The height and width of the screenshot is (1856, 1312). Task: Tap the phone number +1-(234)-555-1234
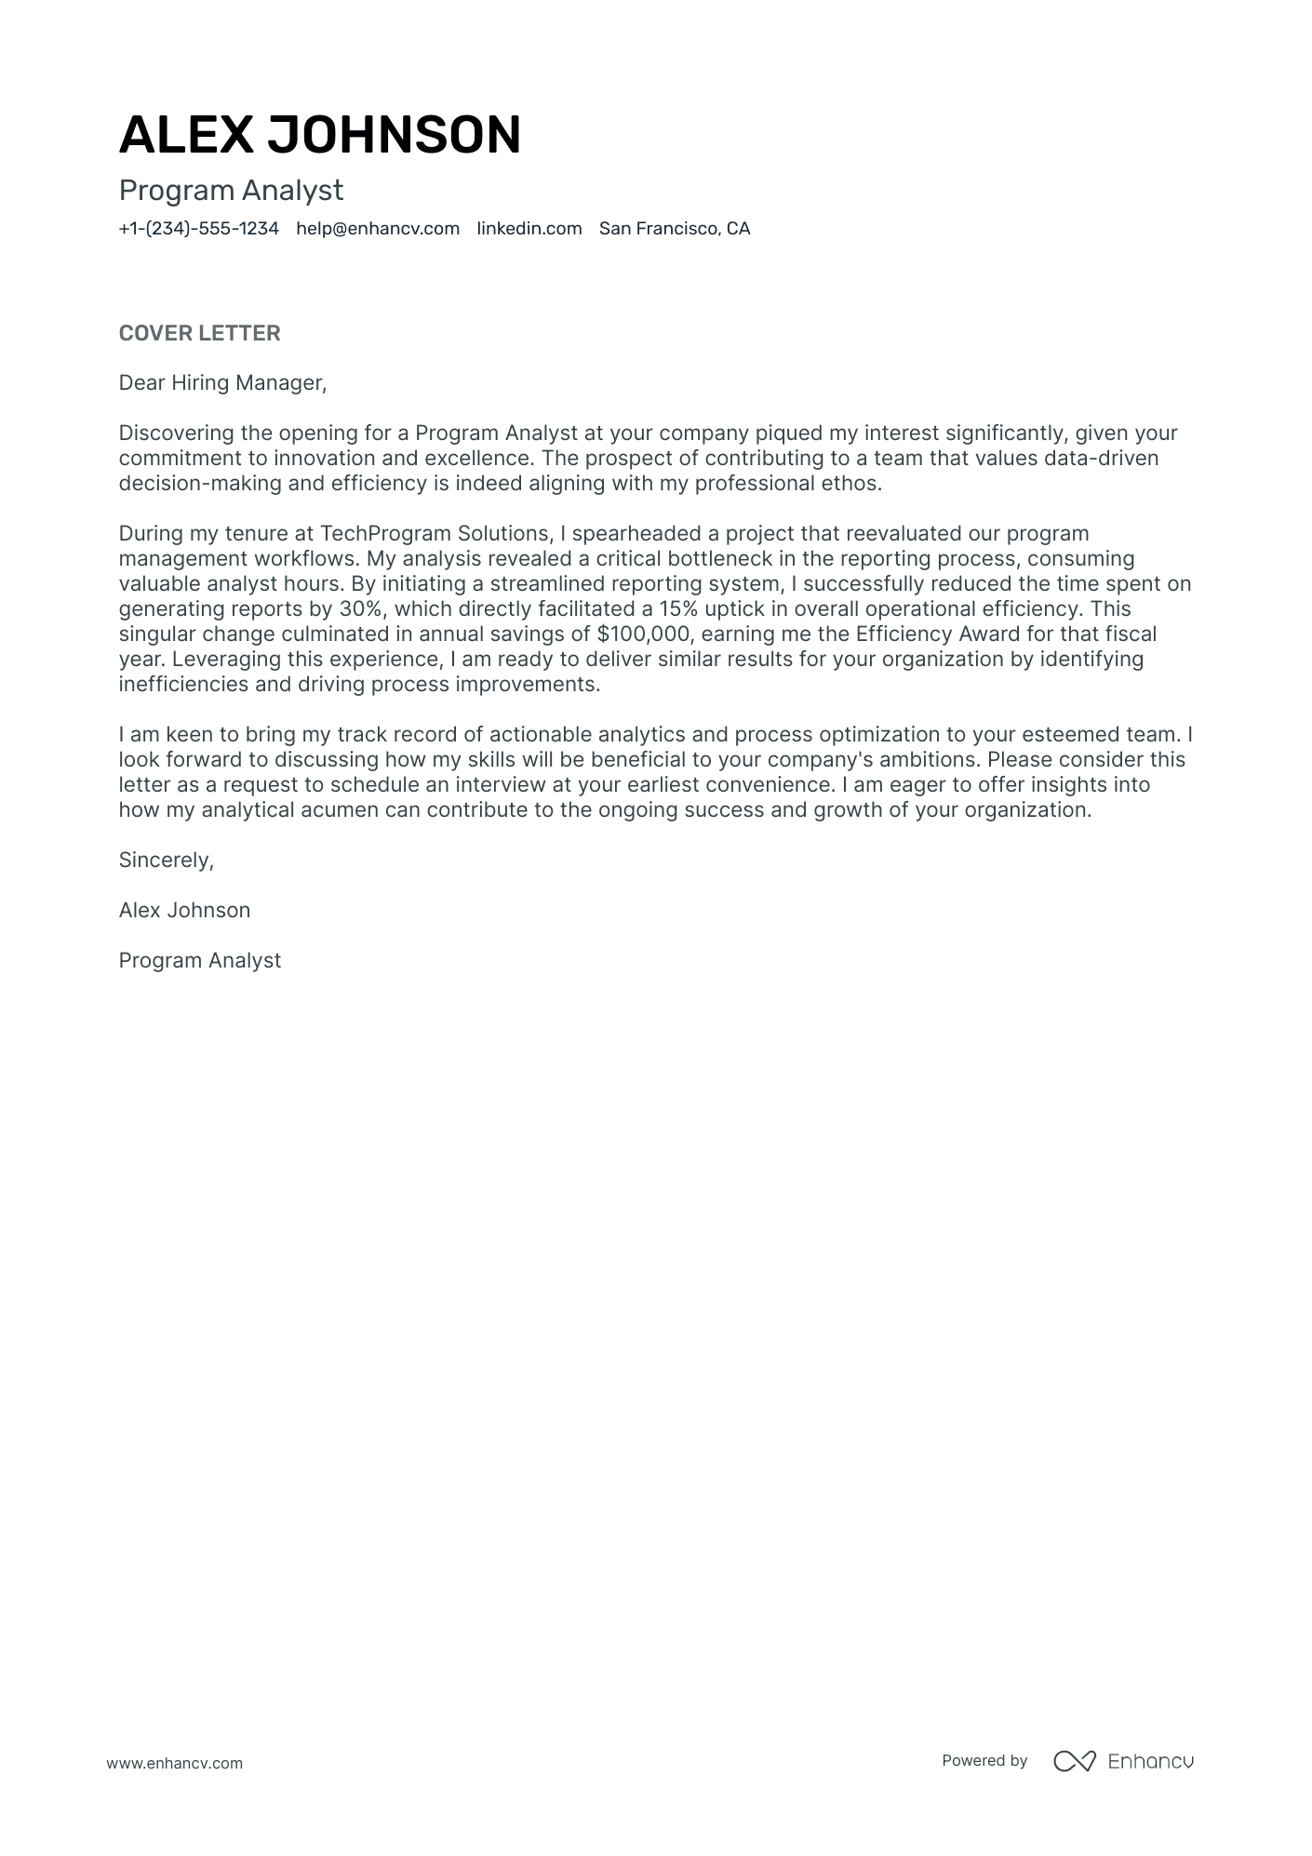coord(198,229)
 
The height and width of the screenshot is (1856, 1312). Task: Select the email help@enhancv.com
coord(378,229)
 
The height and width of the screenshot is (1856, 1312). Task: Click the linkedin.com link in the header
coord(529,229)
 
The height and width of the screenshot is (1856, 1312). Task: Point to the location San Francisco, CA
coord(674,229)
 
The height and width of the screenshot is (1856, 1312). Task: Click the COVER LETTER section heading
coord(199,333)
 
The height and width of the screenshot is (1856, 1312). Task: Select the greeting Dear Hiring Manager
coord(222,382)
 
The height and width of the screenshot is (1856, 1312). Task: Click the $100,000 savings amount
coord(642,634)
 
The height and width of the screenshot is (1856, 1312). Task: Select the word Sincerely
coord(166,860)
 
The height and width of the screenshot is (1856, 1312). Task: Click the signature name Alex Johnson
coord(184,910)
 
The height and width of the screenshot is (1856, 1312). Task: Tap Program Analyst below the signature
coord(199,960)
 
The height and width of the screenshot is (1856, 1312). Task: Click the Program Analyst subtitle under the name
coord(231,191)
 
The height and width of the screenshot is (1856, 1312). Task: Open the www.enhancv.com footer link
coord(174,1763)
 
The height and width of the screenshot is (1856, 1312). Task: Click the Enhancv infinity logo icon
coord(1074,1760)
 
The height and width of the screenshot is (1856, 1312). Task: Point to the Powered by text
coord(984,1760)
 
